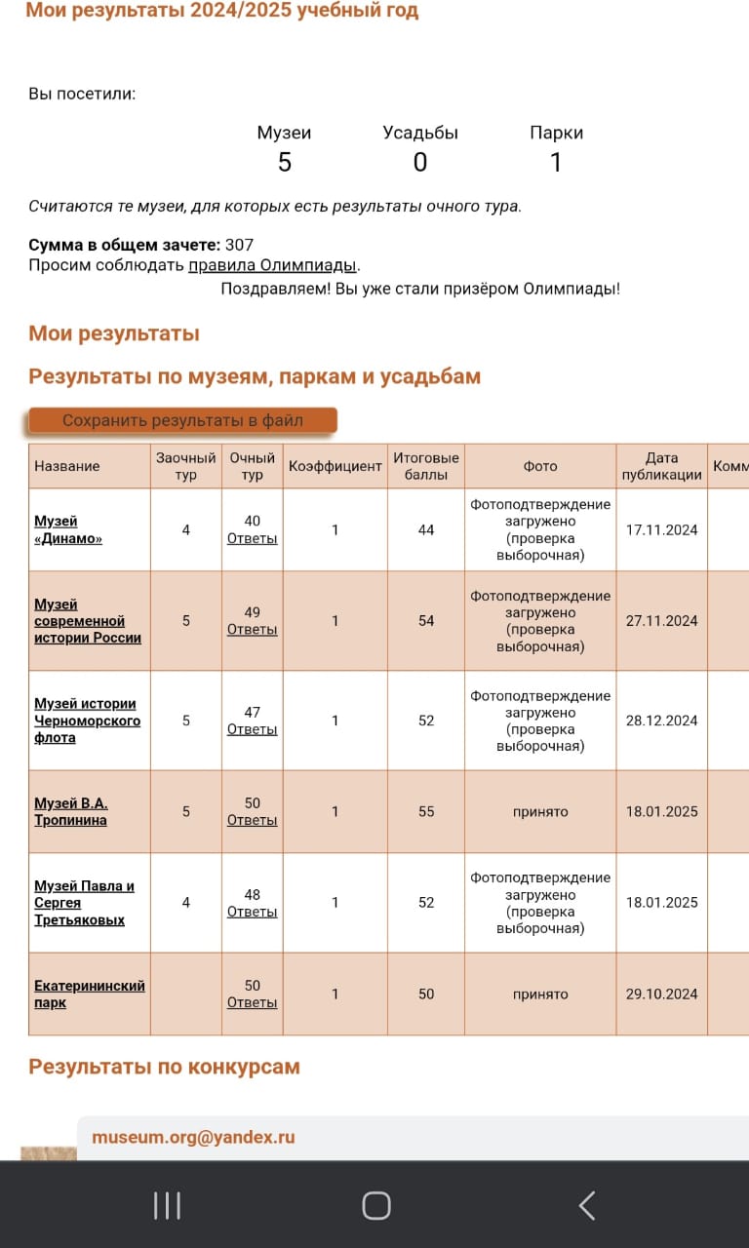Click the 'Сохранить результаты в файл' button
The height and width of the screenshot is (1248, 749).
pyautogui.click(x=182, y=421)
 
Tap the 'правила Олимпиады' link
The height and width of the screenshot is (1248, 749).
pyautogui.click(x=273, y=265)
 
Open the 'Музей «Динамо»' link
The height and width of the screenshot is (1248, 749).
pyautogui.click(x=68, y=529)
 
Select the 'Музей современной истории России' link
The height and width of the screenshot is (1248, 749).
pyautogui.click(x=88, y=621)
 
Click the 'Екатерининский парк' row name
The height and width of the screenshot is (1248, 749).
pyautogui.click(x=89, y=994)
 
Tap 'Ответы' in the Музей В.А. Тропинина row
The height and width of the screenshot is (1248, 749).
pyautogui.click(x=252, y=820)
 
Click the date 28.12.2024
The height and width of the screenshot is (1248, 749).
pyautogui.click(x=661, y=721)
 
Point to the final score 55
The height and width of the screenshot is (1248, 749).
pyautogui.click(x=426, y=811)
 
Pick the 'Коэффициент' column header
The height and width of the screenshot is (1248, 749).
pyautogui.click(x=335, y=466)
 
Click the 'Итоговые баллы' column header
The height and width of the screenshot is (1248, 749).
pyautogui.click(x=426, y=466)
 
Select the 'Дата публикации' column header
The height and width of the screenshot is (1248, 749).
pyautogui.click(x=661, y=466)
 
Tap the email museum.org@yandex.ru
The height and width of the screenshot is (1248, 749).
pyautogui.click(x=193, y=1137)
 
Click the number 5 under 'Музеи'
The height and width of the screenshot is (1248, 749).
pyautogui.click(x=284, y=163)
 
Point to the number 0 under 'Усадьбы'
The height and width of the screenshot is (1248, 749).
pyautogui.click(x=420, y=163)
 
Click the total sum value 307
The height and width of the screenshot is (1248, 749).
pyautogui.click(x=239, y=245)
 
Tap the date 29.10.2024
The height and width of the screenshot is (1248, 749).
pyautogui.click(x=661, y=994)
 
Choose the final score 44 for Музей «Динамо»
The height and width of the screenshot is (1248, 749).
pyautogui.click(x=426, y=530)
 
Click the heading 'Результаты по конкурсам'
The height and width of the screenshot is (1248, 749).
pyautogui.click(x=164, y=1067)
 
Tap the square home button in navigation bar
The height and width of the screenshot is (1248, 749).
pyautogui.click(x=376, y=1206)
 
